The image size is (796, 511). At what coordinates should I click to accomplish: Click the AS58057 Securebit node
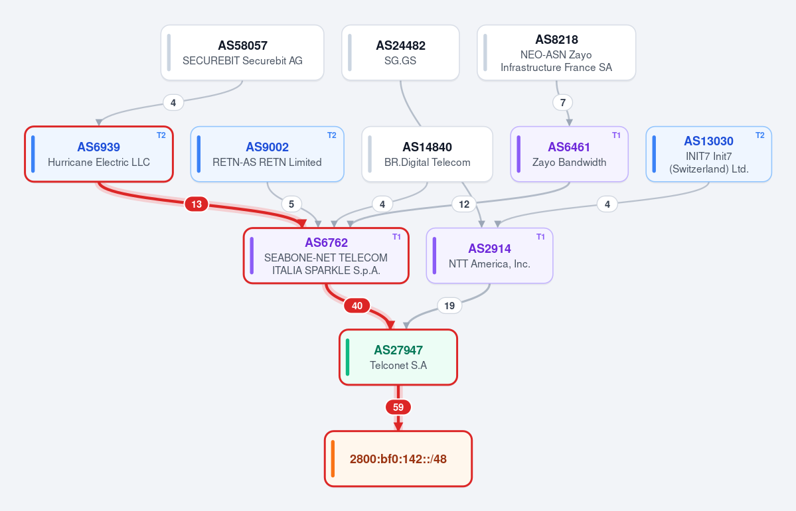tap(242, 53)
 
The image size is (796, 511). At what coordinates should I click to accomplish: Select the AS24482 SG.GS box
tap(400, 53)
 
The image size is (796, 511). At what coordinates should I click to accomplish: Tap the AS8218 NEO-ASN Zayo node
tap(556, 53)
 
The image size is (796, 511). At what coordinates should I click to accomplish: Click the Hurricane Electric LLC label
tap(99, 163)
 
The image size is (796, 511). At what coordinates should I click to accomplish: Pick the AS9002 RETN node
tap(267, 154)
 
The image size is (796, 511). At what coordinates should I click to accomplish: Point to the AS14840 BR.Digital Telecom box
tap(427, 154)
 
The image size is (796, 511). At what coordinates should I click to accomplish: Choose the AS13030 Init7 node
tap(708, 154)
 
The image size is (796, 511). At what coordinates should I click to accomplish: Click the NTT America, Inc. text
tap(489, 264)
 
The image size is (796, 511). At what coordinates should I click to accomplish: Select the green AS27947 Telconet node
tap(398, 357)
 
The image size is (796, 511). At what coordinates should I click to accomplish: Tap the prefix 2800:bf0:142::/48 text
tap(398, 459)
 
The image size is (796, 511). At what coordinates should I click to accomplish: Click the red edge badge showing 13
tap(197, 204)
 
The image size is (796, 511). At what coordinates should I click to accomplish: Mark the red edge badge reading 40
tap(357, 305)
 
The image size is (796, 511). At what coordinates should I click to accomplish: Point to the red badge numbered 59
tap(398, 407)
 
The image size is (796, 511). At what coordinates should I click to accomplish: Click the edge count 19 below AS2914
tap(449, 305)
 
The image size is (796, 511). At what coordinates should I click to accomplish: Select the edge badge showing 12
tap(464, 204)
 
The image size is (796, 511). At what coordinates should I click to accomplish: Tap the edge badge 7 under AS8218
tap(562, 102)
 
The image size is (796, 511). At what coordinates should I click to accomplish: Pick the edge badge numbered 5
tap(291, 204)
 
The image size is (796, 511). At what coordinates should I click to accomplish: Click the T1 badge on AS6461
tap(616, 135)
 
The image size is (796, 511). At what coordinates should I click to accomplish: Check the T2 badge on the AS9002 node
tap(332, 135)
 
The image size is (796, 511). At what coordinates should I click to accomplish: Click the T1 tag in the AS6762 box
tap(397, 237)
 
